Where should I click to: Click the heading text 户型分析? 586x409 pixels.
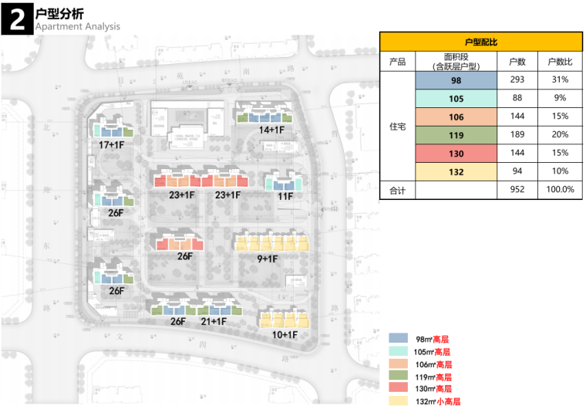60,14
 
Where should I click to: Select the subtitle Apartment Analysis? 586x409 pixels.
78,27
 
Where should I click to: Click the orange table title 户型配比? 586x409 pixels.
481,42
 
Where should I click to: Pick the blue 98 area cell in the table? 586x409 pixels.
456,79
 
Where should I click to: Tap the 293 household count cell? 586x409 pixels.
516,79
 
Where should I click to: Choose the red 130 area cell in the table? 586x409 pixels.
456,153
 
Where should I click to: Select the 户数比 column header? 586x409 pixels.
559,61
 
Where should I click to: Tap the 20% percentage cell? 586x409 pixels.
559,134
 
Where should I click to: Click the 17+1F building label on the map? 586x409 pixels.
113,144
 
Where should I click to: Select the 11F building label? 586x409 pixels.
285,196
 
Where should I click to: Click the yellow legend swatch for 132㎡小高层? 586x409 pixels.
399,401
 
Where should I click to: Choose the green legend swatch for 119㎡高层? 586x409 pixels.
399,377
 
